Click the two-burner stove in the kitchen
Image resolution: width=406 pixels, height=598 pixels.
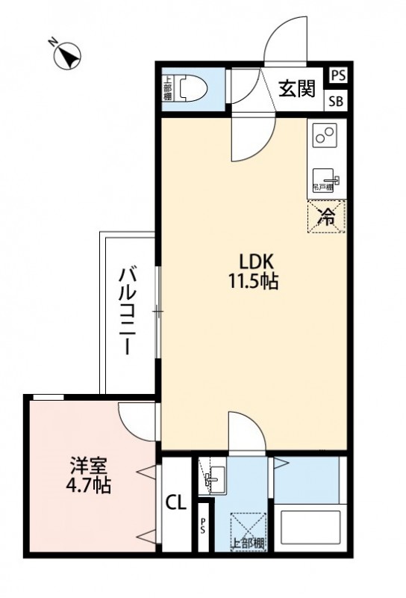click(325, 135)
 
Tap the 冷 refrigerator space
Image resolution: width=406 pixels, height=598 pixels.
click(326, 216)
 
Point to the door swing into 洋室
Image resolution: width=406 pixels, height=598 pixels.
click(139, 422)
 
